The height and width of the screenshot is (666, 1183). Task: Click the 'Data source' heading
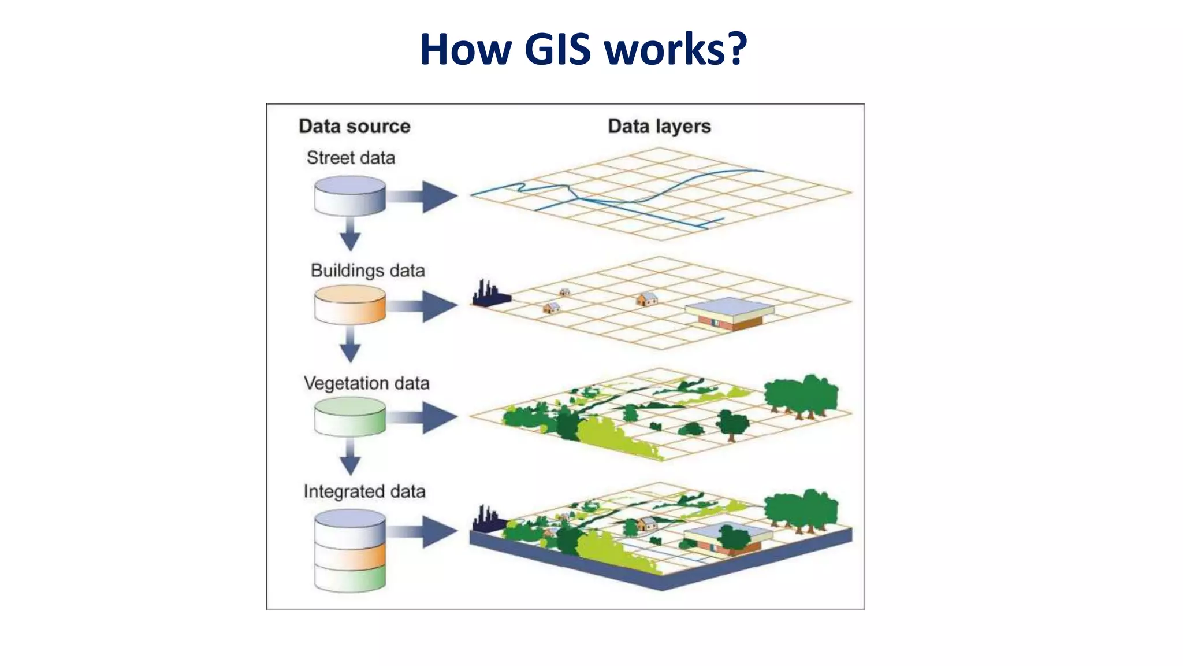(354, 126)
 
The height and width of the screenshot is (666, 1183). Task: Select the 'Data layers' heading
(659, 126)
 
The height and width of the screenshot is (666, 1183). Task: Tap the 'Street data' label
(351, 158)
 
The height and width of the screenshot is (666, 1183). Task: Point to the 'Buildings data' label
(367, 271)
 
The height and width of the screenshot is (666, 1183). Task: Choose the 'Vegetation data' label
(366, 383)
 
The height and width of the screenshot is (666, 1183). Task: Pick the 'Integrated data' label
(364, 491)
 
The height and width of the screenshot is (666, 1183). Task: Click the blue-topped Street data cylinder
(350, 196)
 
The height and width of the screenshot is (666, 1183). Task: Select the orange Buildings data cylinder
(350, 305)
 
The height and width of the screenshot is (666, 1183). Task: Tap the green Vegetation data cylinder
(350, 416)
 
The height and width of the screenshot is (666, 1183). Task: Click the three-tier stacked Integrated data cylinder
(350, 550)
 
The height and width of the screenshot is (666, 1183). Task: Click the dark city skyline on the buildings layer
(490, 294)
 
